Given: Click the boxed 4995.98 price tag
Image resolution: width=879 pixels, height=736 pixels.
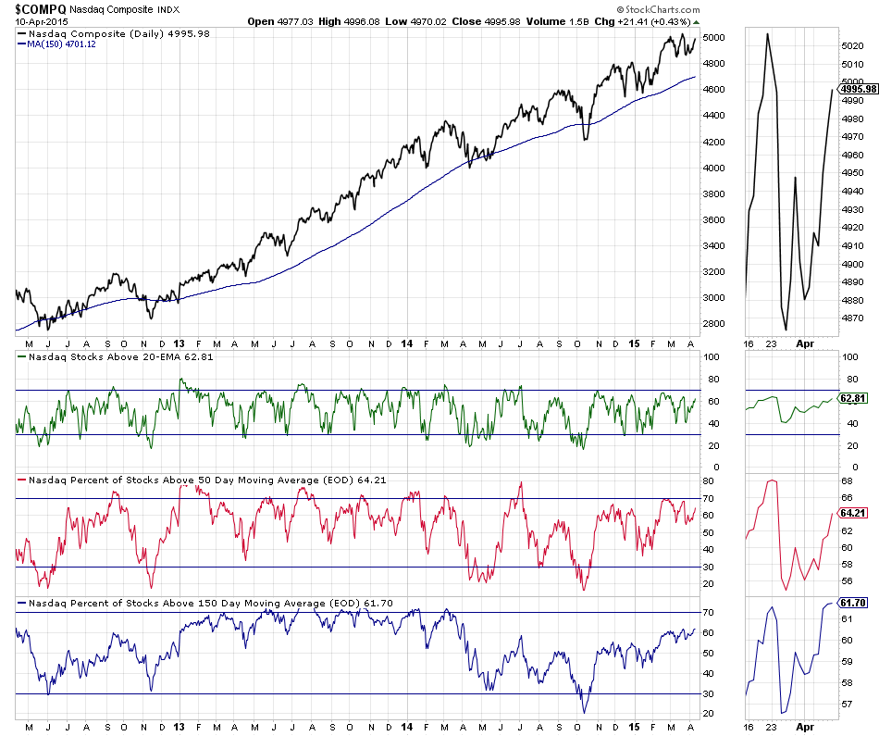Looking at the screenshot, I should pos(857,88).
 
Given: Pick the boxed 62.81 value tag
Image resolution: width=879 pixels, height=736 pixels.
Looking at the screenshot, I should pos(853,398).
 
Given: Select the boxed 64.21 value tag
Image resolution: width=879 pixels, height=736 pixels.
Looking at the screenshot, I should pos(853,512).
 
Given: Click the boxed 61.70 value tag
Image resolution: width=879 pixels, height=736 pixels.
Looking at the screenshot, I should pos(853,603).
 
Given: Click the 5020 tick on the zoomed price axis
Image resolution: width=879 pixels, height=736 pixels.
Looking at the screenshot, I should pos(852,46).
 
